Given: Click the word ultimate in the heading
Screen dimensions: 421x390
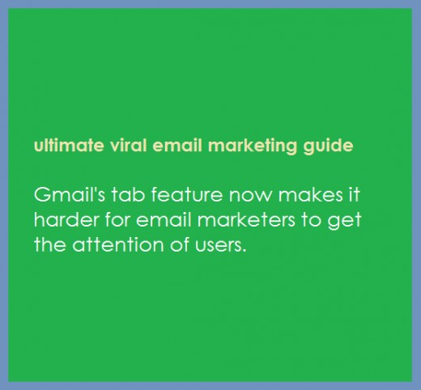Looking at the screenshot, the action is [69, 146].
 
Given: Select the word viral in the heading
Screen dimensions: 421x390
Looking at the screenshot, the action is [128, 146].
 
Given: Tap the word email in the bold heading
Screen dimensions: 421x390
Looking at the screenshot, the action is [177, 146].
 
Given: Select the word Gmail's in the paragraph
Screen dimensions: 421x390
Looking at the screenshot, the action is [70, 194].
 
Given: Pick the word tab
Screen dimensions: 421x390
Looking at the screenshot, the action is [128, 194].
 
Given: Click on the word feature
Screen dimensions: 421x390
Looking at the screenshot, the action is [187, 194].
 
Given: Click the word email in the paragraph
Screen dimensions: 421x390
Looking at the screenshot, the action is [164, 219].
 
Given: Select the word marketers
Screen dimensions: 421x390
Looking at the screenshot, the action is [246, 219].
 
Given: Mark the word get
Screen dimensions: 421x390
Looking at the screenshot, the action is [344, 221].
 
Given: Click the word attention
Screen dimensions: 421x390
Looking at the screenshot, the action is [118, 244].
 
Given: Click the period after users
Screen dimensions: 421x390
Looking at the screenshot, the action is [245, 251].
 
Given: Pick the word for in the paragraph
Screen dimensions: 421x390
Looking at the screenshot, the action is [117, 219].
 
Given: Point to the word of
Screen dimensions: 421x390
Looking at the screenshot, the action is [179, 244].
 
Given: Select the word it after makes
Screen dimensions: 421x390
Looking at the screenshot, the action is [355, 194].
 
